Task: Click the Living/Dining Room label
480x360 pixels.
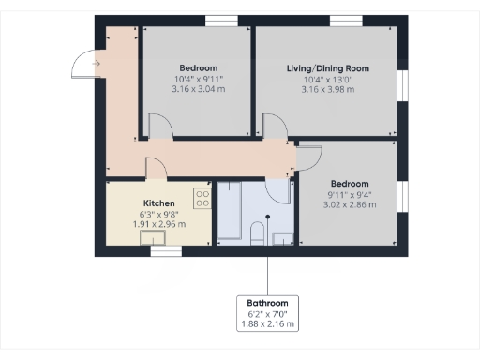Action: pos(328,68)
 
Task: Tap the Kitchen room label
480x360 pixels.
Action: pos(158,202)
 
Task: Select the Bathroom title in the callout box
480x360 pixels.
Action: pos(267,303)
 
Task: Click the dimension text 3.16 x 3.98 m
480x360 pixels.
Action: pos(328,90)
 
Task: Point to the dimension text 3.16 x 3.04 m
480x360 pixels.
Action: pos(198,90)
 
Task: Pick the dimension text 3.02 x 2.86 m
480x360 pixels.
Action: pos(349,204)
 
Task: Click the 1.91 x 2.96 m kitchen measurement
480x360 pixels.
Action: pos(158,224)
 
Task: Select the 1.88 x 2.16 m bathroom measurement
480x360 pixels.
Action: pos(267,324)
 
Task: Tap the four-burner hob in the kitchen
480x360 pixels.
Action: pos(202,198)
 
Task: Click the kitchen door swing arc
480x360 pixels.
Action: pos(155,168)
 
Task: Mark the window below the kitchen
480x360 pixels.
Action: pos(165,251)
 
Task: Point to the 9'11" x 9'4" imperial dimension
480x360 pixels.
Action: pos(349,194)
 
